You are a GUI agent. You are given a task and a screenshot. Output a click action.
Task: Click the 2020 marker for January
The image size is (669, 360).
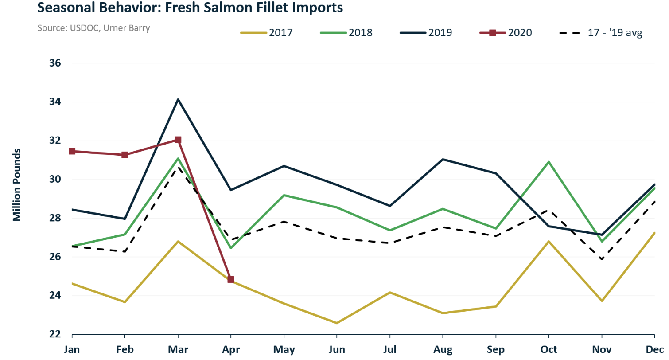coord(72,151)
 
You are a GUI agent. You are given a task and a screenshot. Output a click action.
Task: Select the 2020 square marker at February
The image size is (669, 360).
coord(125,155)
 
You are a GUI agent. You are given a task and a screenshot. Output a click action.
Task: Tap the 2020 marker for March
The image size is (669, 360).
coord(178,140)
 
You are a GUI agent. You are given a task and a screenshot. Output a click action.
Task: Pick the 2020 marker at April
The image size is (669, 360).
coord(231,279)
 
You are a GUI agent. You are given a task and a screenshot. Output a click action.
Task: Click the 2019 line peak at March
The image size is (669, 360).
coord(178,99)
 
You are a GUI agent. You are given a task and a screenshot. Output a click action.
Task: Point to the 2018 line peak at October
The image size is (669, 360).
coord(549,162)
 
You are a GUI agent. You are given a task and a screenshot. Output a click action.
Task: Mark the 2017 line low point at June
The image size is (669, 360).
coord(337,323)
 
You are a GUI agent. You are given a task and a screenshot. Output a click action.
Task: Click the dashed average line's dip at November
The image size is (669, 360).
coord(602,259)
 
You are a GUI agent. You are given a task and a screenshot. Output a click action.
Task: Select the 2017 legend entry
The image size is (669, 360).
coord(266,33)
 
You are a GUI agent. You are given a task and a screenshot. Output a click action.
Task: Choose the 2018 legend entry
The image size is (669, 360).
coord(346,33)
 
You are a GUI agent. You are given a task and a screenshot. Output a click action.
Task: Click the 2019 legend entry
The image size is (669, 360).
coord(426,33)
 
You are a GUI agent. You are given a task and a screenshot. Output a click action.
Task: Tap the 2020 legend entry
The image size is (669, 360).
coord(506,33)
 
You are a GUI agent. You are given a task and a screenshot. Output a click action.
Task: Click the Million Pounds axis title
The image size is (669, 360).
coord(17,185)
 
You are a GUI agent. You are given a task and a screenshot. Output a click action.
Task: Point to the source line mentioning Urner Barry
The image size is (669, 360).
coord(93,28)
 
